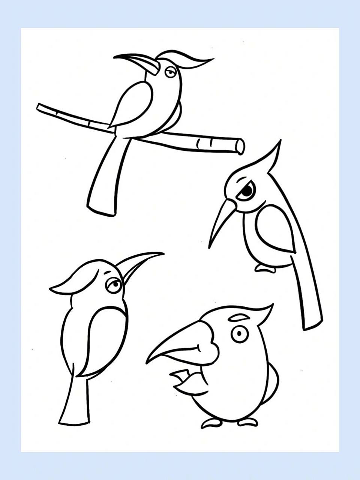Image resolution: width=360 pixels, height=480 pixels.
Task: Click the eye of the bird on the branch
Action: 171,72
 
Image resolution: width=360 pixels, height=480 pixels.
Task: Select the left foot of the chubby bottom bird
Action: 212,423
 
